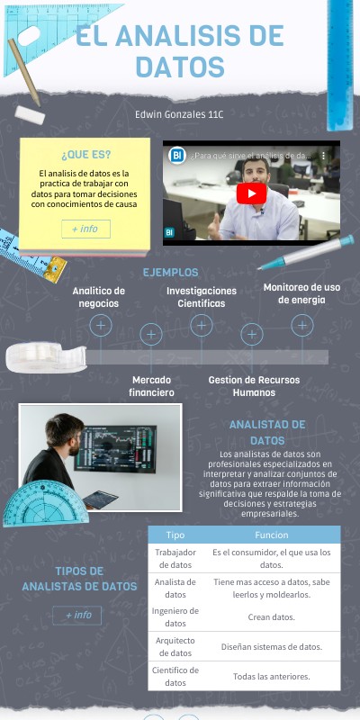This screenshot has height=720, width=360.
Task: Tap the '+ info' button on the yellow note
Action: tap(85, 229)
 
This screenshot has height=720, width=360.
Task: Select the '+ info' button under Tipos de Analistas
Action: tap(76, 615)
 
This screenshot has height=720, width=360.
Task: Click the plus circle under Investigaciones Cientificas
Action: tap(202, 325)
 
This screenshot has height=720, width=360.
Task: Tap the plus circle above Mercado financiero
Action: tap(151, 335)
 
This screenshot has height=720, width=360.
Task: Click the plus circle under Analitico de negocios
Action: tap(101, 325)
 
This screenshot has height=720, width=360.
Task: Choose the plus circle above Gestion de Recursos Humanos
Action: tap(252, 335)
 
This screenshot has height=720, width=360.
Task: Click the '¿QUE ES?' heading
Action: tap(85, 154)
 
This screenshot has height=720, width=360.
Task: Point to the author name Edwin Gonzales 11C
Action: tap(179, 114)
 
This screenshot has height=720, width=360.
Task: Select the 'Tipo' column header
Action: tap(175, 535)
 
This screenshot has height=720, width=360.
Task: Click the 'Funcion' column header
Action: tap(271, 535)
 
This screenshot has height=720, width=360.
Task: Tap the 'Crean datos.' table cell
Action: tap(271, 616)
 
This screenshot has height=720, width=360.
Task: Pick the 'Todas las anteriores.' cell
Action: tap(271, 676)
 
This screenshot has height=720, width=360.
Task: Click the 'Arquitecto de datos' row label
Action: tap(175, 646)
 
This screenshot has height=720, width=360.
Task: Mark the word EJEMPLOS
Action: tap(170, 272)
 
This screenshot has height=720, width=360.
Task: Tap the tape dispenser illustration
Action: tap(45, 357)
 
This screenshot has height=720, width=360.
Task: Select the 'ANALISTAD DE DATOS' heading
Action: tap(267, 432)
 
